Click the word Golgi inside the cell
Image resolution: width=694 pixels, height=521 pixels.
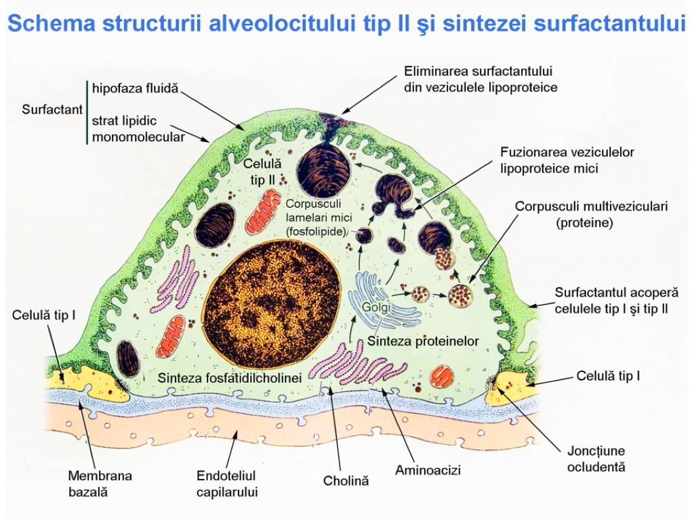point(374,307)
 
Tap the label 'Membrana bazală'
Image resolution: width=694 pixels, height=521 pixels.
point(100,484)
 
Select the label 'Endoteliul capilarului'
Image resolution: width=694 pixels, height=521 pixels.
point(227,484)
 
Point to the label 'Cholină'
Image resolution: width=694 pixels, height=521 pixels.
point(346,481)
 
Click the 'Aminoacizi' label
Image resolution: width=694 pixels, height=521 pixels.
point(428,469)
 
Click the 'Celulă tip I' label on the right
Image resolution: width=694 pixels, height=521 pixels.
point(608,375)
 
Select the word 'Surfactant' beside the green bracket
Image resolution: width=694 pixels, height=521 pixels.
point(52,109)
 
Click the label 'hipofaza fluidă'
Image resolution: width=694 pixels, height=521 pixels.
point(135,89)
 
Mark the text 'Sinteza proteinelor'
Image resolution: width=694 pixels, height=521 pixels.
point(423,341)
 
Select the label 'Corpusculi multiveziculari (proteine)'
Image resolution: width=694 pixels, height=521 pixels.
point(591,214)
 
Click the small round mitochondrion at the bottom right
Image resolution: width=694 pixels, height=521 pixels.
point(443,375)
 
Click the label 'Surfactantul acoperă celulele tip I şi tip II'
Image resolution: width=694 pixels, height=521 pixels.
point(616,301)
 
